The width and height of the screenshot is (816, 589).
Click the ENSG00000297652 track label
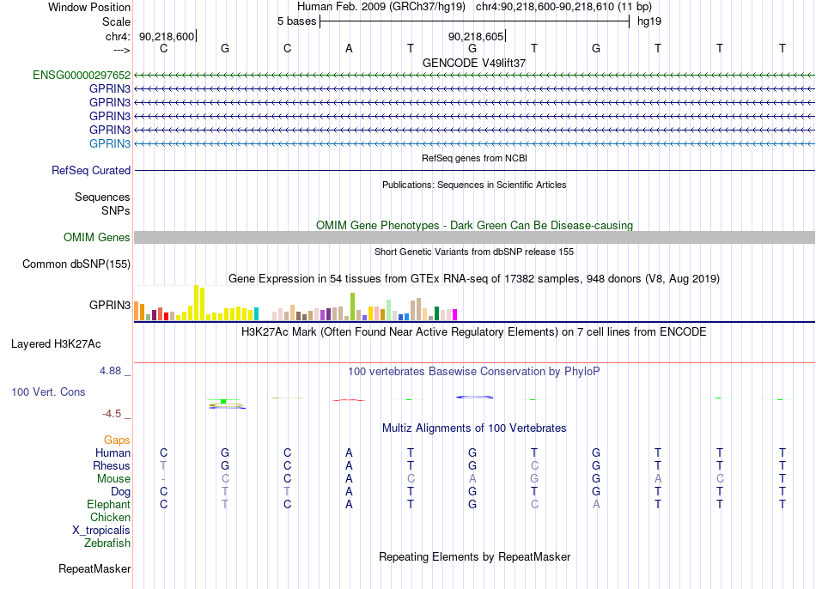click(82, 75)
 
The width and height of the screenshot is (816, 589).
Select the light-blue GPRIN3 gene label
click(110, 143)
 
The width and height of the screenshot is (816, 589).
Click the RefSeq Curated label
click(91, 170)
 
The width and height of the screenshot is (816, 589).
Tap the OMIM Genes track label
click(97, 237)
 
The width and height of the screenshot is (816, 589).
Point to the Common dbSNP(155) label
click(76, 264)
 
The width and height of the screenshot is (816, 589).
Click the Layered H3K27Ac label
click(56, 344)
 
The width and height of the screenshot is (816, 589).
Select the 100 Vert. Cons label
click(48, 392)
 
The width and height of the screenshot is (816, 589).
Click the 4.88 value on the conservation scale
click(110, 371)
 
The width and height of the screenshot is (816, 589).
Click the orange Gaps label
click(117, 440)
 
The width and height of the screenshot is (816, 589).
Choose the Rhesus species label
click(112, 465)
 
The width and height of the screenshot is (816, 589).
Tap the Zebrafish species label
click(107, 543)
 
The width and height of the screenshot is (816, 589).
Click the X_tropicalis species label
click(101, 531)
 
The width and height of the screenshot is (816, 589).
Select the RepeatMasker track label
click(94, 568)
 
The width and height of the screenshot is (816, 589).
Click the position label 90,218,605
click(476, 36)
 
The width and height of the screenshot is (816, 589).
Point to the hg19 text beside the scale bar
click(649, 21)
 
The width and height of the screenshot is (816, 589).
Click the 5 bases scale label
click(296, 21)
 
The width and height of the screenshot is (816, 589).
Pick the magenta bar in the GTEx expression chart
click(454, 315)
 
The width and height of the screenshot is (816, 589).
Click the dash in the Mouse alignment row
click(163, 479)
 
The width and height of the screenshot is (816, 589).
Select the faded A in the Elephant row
click(596, 504)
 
